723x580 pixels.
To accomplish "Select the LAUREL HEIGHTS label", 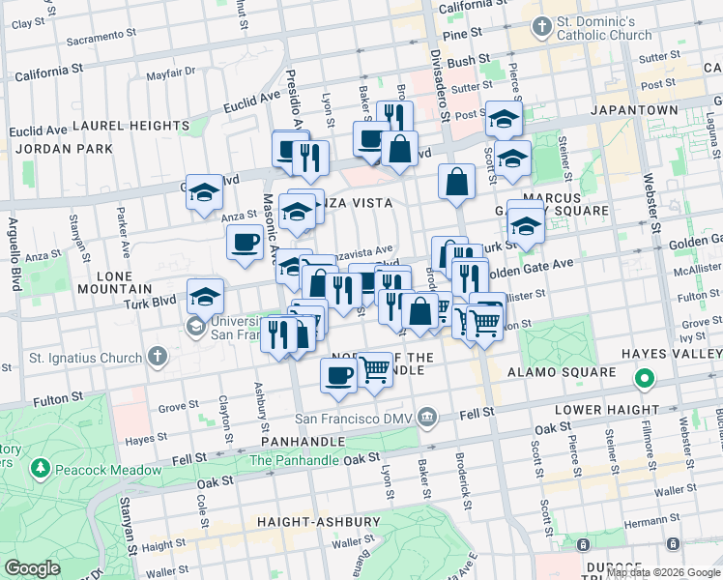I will (x=130, y=126).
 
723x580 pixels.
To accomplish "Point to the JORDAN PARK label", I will (x=62, y=150).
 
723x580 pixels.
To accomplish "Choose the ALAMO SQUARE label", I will (x=576, y=372).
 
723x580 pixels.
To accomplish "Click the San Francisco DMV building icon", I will (x=428, y=419).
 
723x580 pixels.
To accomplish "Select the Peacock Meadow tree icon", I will (x=40, y=470).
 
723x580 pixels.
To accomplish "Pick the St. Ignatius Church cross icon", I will (x=158, y=358).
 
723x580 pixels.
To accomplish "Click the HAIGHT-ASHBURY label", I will (x=319, y=522).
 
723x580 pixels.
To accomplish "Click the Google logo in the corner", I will (x=32, y=567).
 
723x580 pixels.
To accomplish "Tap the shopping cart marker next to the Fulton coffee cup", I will (x=374, y=369).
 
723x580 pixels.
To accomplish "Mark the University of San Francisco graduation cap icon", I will (x=195, y=326).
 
